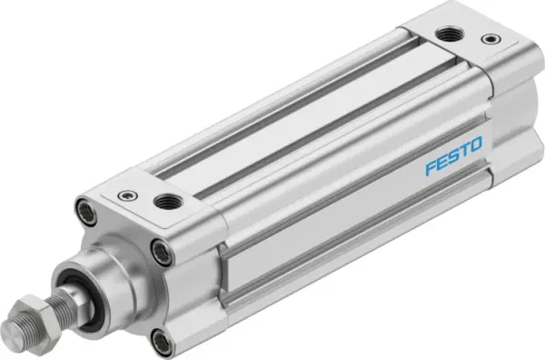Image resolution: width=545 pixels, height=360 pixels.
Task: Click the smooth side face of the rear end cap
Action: point(512,127)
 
